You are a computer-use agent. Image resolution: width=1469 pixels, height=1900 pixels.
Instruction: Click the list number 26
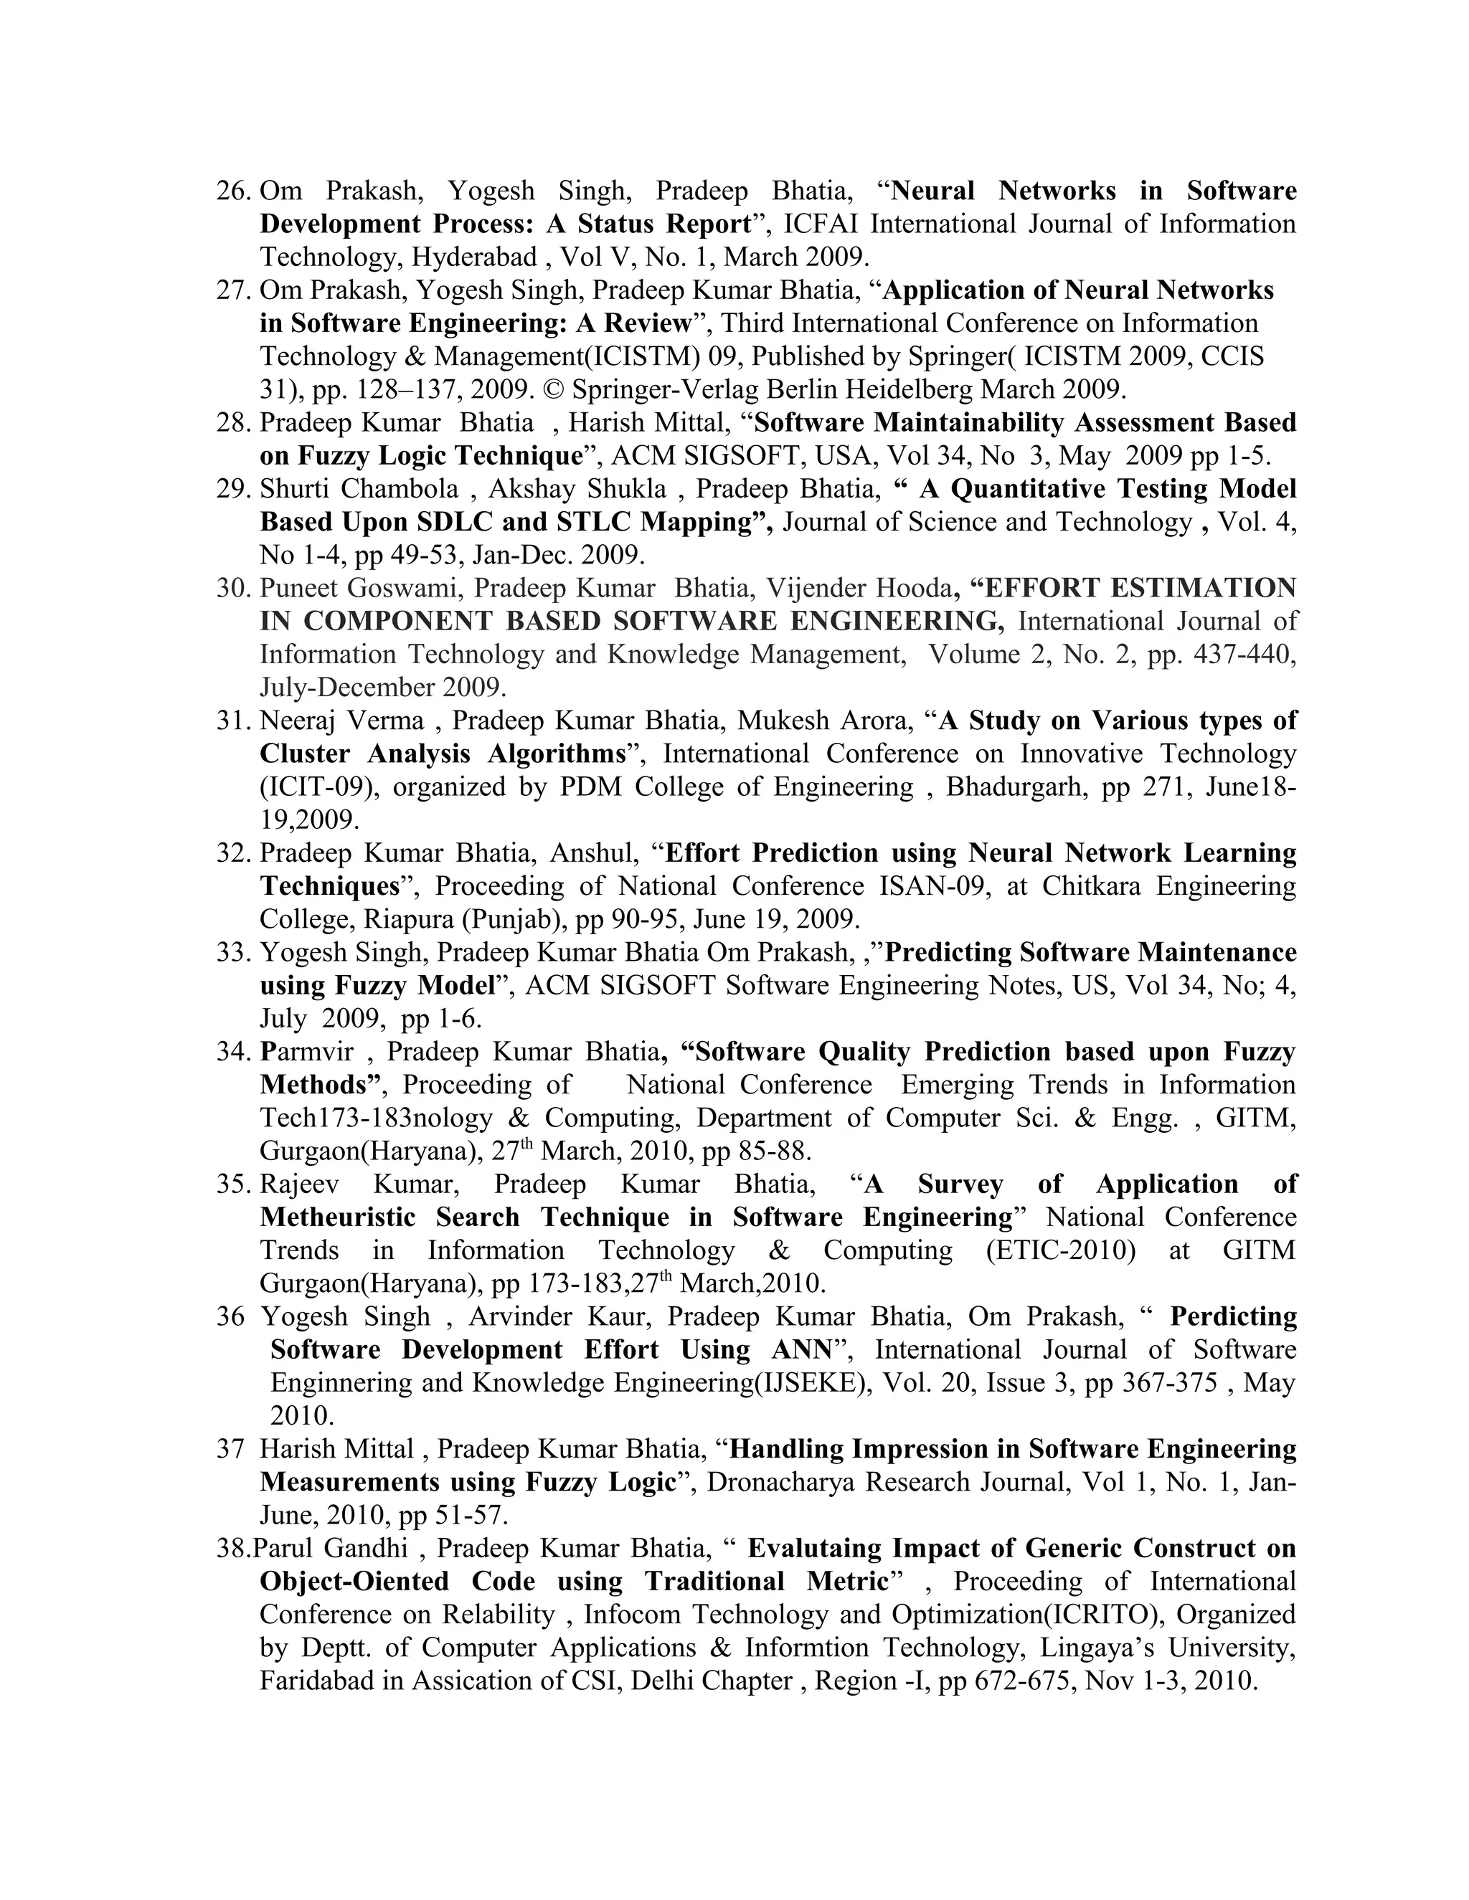(233, 191)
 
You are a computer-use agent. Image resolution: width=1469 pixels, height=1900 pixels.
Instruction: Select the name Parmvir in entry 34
(306, 1052)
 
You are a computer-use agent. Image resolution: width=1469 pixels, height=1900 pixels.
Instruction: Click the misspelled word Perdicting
(1232, 1316)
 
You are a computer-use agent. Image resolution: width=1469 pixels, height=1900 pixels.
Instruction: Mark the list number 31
(233, 721)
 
